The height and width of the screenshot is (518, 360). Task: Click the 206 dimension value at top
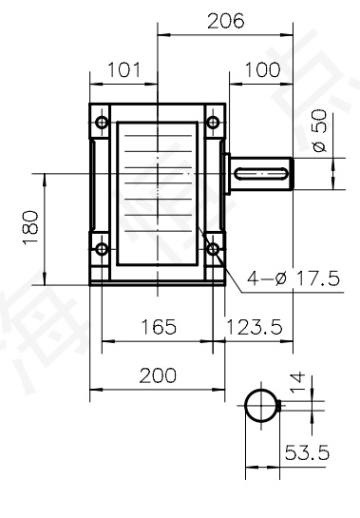[226, 20]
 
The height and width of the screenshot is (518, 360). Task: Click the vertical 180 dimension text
[32, 228]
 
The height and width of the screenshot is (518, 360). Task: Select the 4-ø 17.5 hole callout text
[292, 280]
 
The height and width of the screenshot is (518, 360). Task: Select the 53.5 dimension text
[306, 453]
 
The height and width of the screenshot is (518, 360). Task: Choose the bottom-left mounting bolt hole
[101, 249]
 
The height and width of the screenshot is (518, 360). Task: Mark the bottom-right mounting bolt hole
[211, 250]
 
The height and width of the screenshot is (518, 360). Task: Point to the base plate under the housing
[157, 282]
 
